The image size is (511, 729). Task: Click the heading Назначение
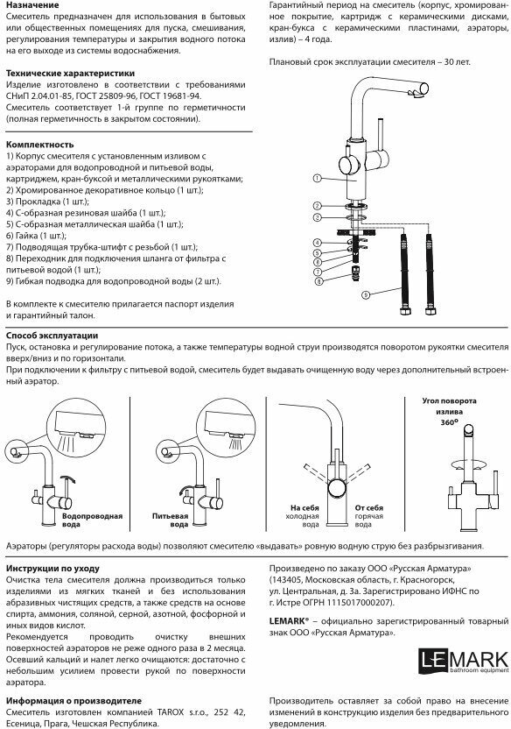pyautogui.click(x=32, y=5)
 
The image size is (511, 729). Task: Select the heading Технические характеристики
pyautogui.click(x=71, y=73)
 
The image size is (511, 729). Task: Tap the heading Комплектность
pyautogui.click(x=40, y=144)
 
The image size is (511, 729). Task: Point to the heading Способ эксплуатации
pyautogui.click(x=52, y=336)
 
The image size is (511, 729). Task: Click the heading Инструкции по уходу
pyautogui.click(x=52, y=569)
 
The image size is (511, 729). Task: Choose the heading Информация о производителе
pyautogui.click(x=73, y=701)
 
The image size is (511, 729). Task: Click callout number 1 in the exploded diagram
pyautogui.click(x=318, y=178)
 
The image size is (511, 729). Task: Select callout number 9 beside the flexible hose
pyautogui.click(x=366, y=294)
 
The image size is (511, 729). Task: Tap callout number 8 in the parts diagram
pyautogui.click(x=318, y=280)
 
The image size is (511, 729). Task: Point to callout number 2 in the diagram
pyautogui.click(x=318, y=206)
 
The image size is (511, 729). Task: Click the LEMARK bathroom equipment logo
pyautogui.click(x=463, y=662)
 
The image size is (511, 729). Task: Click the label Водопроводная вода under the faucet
pyautogui.click(x=93, y=520)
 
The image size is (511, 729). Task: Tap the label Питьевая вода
pyautogui.click(x=171, y=520)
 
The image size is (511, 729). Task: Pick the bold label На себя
pyautogui.click(x=304, y=508)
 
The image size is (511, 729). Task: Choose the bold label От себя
pyautogui.click(x=369, y=508)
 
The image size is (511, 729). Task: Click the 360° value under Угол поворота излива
pyautogui.click(x=449, y=422)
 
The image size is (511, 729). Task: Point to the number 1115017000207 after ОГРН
pyautogui.click(x=356, y=603)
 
